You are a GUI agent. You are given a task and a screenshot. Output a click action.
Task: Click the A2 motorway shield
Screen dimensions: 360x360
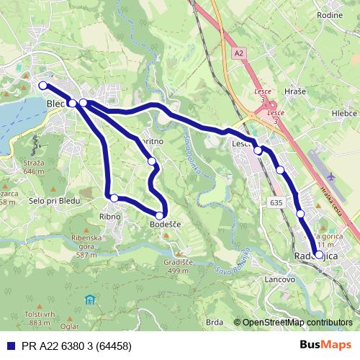coord(239,54)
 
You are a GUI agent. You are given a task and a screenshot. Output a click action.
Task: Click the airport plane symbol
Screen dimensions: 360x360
coord(330,176)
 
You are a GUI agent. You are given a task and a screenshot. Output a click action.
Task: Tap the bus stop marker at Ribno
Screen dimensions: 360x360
coord(114,197)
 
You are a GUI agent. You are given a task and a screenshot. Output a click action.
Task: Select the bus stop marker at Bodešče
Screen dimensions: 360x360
coord(160,215)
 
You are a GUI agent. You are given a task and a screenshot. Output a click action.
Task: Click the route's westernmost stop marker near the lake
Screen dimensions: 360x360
coord(42,86)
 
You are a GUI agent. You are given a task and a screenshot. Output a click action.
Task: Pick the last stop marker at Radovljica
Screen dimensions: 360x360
coord(319,255)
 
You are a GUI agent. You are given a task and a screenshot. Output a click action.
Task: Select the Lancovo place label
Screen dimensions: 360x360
coord(280,279)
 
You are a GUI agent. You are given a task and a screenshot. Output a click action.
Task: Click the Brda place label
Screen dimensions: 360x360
coord(214,322)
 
